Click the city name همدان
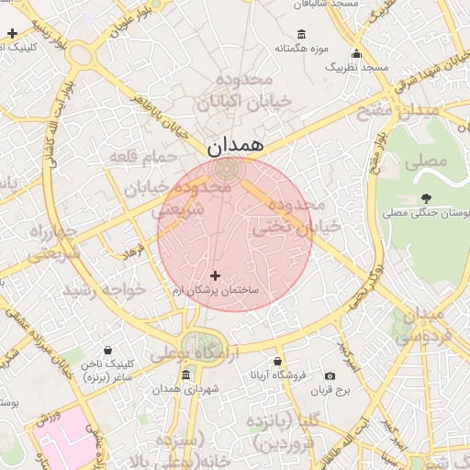coord(235,145)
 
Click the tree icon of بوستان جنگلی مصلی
coord(426,197)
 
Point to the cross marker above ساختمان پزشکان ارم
coord(216,275)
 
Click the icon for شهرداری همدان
coord(186,375)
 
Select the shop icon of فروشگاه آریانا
coord(278,362)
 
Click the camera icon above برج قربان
coord(330,375)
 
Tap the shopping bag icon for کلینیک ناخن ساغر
coord(109,351)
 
